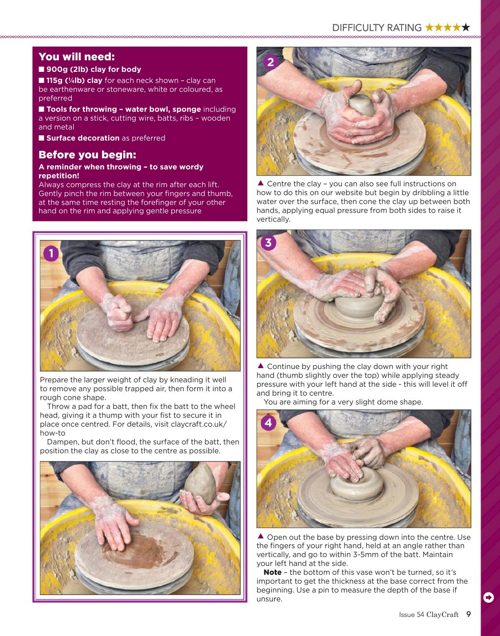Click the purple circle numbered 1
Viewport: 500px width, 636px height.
click(51, 254)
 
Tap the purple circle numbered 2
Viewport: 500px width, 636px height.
click(270, 63)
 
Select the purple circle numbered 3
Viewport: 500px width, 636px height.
click(268, 243)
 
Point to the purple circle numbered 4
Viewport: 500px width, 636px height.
click(268, 423)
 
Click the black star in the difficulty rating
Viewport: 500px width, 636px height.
click(466, 27)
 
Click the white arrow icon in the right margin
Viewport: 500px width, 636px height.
click(488, 597)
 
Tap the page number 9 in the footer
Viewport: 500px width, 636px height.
click(469, 614)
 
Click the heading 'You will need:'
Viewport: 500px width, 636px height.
click(77, 56)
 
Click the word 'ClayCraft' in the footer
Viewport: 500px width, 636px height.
click(442, 615)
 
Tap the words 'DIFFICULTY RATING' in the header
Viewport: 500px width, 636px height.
click(377, 28)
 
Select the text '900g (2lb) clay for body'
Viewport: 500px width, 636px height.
click(94, 70)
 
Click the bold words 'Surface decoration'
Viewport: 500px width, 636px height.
click(83, 138)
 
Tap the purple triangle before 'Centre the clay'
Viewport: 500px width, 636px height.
click(261, 183)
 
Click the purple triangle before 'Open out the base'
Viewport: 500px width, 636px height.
click(261, 536)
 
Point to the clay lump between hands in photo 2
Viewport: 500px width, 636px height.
click(362, 105)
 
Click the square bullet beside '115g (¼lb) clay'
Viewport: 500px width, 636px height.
click(41, 80)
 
